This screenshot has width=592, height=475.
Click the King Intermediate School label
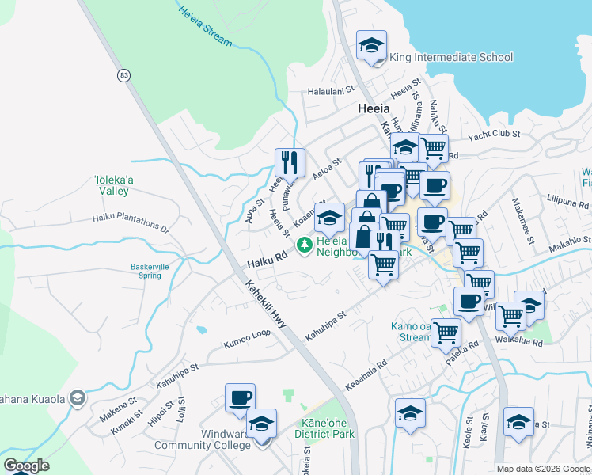coord(452,57)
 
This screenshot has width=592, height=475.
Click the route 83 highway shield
coord(123,75)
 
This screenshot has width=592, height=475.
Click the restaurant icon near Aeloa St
coord(290,162)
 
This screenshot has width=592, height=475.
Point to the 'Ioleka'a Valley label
coord(112,185)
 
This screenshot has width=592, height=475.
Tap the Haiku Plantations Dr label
coord(131,222)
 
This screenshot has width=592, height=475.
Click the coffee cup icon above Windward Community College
coord(240,398)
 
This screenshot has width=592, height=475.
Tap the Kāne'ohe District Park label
coord(322,428)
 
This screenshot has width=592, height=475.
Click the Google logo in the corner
coord(26,465)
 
